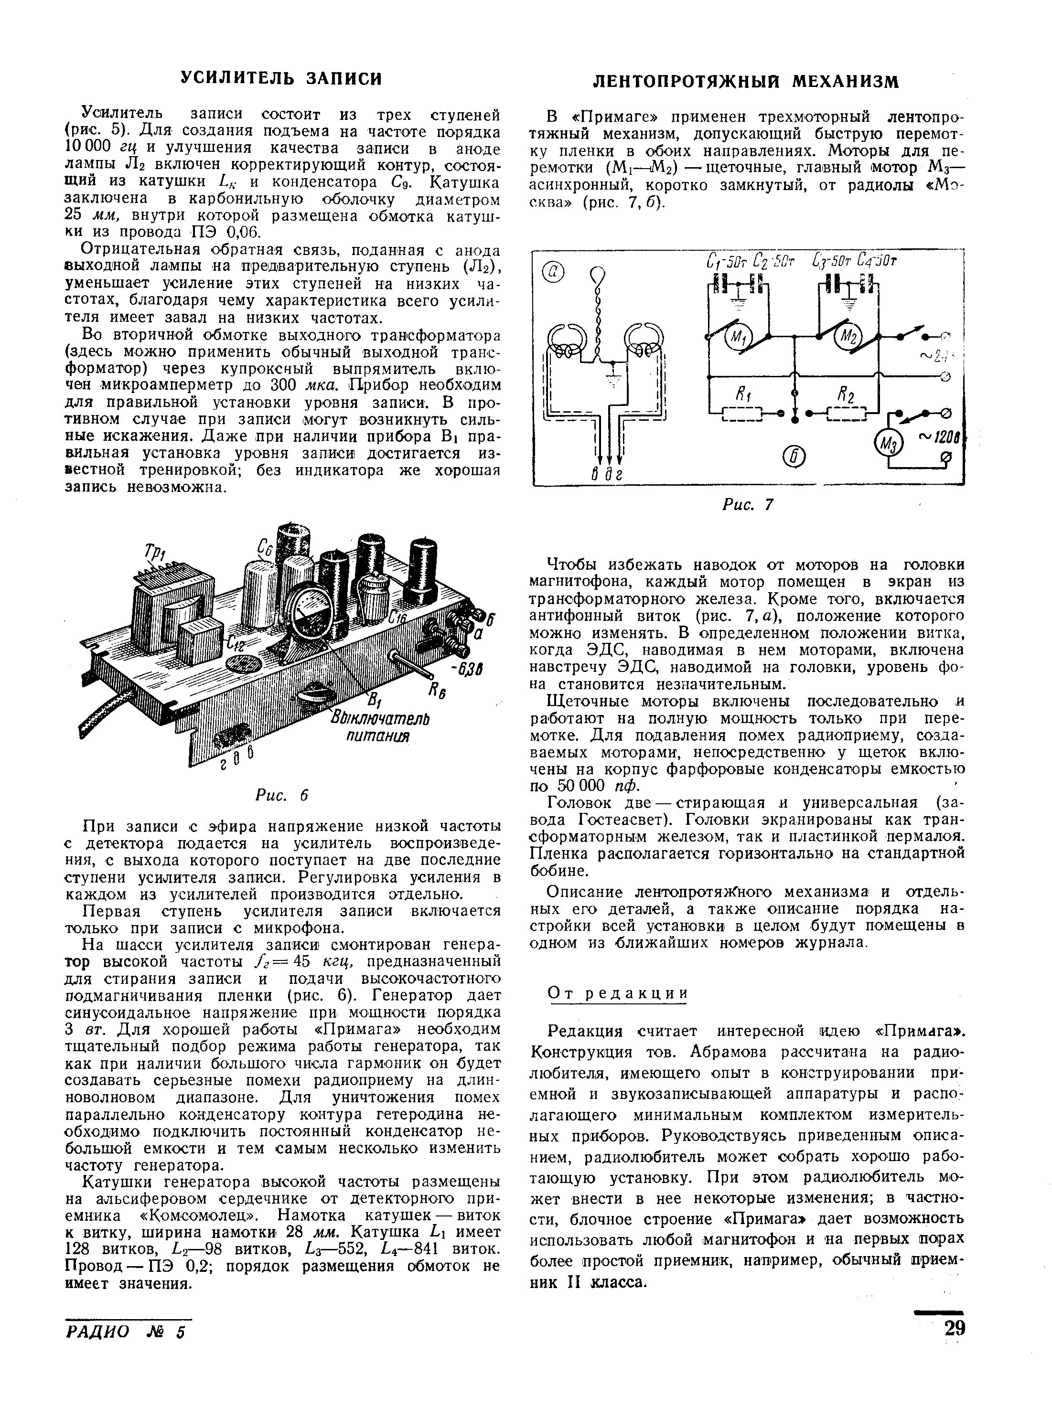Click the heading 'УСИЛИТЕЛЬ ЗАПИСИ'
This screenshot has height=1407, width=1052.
pyautogui.click(x=281, y=78)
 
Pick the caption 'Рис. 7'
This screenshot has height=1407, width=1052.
pyautogui.click(x=747, y=504)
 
